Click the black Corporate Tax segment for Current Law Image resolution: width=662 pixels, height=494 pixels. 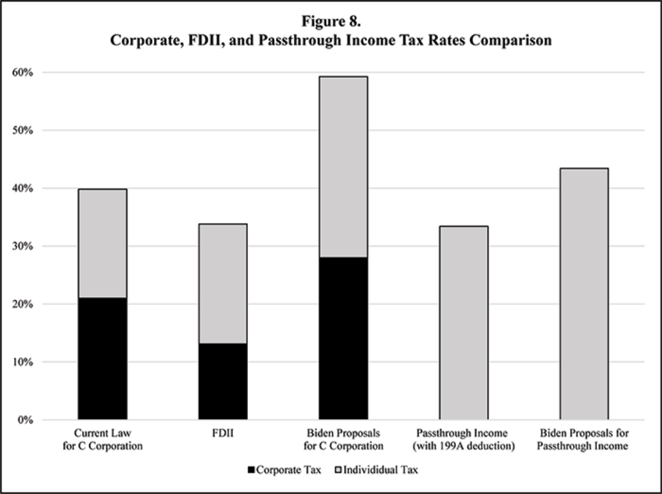102,358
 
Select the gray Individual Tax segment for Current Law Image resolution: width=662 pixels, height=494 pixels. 102,243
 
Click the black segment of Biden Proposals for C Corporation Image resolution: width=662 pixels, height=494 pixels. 343,338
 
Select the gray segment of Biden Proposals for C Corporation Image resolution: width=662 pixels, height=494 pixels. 343,167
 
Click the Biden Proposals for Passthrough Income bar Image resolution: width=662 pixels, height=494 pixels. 584,294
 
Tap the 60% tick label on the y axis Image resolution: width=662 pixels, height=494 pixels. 25,72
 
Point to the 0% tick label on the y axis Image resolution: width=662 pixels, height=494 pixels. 28,420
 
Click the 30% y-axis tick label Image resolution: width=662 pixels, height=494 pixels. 25,246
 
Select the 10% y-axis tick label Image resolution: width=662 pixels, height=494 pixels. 25,362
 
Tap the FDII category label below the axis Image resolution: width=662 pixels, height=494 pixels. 223,434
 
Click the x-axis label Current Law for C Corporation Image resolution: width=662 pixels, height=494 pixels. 102,439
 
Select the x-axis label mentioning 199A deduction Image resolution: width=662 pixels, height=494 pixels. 463,439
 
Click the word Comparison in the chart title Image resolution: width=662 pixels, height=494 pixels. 512,41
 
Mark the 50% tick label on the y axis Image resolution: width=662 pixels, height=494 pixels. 25,130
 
